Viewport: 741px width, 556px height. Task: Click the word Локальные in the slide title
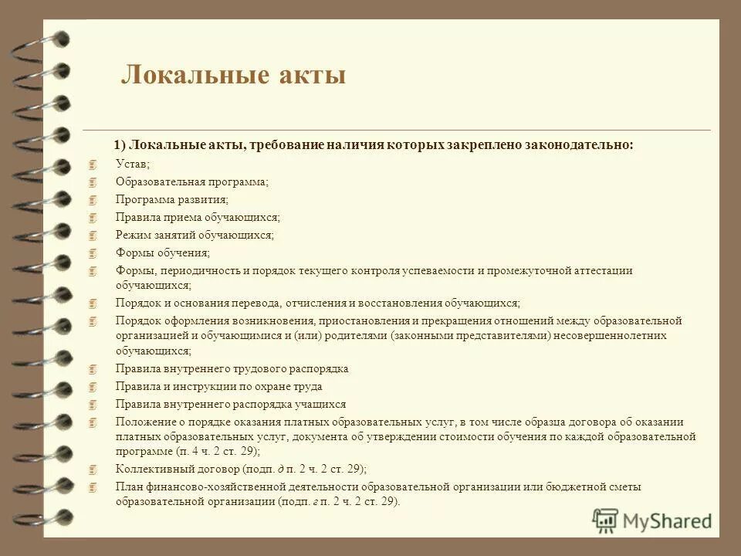pos(184,75)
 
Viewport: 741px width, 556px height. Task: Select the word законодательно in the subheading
pos(579,144)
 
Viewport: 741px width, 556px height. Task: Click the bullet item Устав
pos(133,164)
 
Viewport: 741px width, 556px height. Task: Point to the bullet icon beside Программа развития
pos(93,199)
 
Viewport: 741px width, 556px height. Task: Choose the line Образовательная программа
pos(191,181)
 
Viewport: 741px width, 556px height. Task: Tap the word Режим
pos(132,235)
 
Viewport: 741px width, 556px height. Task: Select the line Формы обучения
pos(162,253)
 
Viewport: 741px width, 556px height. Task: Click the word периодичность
pos(195,270)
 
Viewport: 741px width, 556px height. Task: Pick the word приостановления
pos(361,320)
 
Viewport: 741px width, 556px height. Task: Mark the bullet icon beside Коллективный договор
pos(93,469)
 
